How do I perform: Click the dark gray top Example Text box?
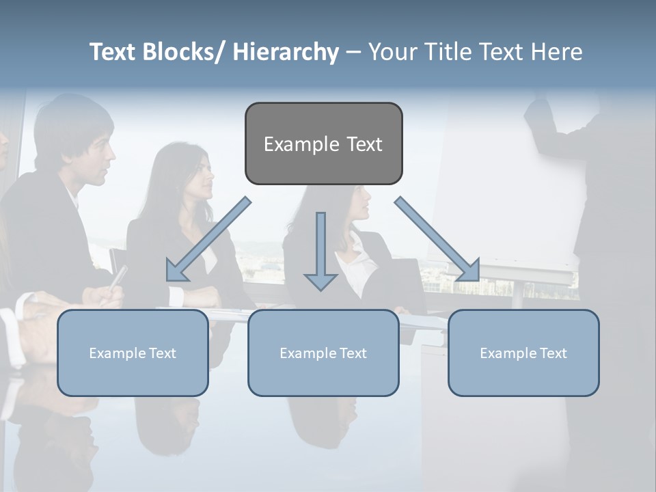pos(323,143)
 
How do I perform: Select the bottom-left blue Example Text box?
pos(133,353)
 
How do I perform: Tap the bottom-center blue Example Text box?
pos(323,353)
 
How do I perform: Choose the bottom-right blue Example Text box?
pos(523,353)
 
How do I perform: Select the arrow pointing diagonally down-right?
pos(438,240)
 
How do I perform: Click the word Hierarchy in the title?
pos(286,52)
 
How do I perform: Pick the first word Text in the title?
pos(113,52)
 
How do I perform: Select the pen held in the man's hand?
pos(118,277)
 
